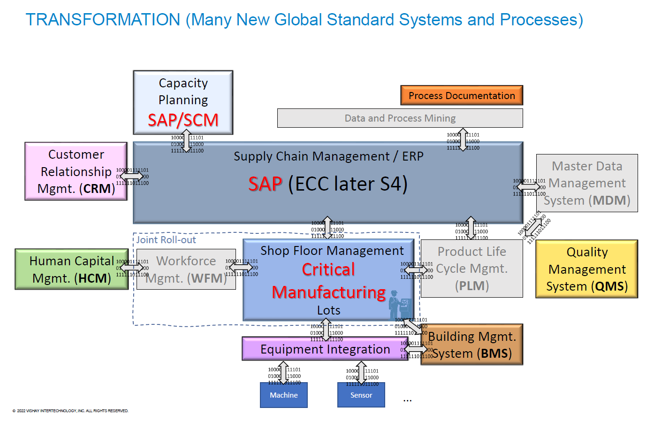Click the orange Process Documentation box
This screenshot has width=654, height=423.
point(462,95)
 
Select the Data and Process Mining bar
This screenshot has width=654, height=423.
point(400,118)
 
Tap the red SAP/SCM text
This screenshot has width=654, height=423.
point(183,120)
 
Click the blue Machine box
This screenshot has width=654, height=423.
point(284,395)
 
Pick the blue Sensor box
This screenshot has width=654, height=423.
point(361,395)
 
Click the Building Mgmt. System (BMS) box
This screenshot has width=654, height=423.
point(472,345)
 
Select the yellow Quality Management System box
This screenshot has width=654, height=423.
point(586,269)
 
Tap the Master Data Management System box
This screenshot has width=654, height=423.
point(587,183)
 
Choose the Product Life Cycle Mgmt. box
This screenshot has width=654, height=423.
point(471,269)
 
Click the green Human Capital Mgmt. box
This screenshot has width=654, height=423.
point(71,269)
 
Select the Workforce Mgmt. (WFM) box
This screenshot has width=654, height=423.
point(186,269)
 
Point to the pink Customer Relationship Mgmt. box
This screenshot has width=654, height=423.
point(76,171)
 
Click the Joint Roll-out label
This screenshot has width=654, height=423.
point(166,240)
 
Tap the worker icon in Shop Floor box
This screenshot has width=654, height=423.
point(400,305)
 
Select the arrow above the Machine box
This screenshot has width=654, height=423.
point(283,373)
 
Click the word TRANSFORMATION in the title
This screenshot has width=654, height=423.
point(103,20)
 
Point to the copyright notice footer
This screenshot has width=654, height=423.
point(70,411)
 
